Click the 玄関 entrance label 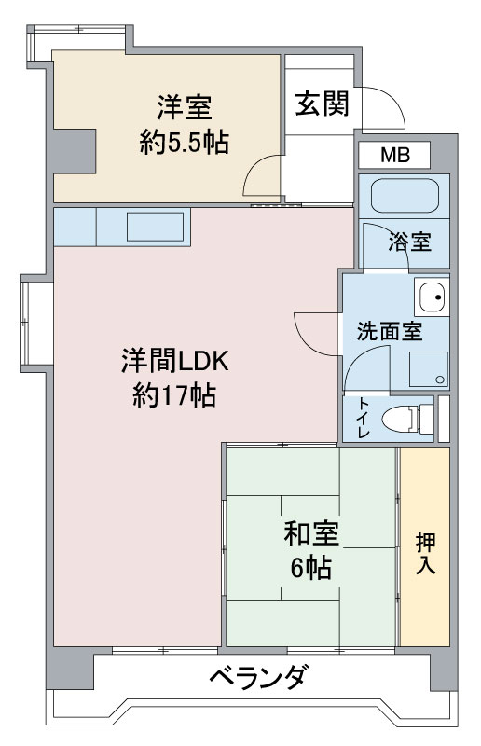point(323,104)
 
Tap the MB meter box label point(395,155)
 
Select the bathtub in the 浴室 point(405,196)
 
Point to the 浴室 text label point(409,242)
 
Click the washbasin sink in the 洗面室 point(432,297)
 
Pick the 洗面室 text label point(390,331)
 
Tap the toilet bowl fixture point(407,419)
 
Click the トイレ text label point(364,418)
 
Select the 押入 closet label point(425,553)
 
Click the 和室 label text point(311,533)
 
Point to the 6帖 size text point(311,567)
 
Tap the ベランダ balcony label point(257,676)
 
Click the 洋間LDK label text point(175,361)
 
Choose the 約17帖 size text point(174,394)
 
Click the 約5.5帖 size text point(185,142)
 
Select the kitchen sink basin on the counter point(155,227)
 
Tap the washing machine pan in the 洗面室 point(429,369)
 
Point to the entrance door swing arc point(391,103)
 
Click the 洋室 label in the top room point(185,107)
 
